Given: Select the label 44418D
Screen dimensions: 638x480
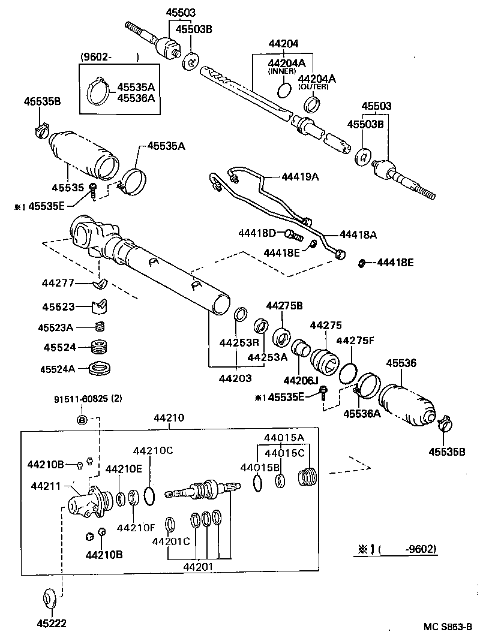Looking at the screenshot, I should pyautogui.click(x=257, y=232).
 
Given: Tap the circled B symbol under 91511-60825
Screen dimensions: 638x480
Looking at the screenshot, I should pyautogui.click(x=82, y=419).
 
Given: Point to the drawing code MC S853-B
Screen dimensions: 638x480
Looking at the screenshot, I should pyautogui.click(x=449, y=627).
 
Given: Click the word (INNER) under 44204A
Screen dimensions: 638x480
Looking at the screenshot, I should pyautogui.click(x=282, y=71).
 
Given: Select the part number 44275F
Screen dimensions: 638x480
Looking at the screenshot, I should pyautogui.click(x=355, y=341).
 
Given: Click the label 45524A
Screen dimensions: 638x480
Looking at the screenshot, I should pyautogui.click(x=58, y=369).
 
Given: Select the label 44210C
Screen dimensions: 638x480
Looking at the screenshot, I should pyautogui.click(x=152, y=450).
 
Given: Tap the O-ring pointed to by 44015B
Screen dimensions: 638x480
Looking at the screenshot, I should pyautogui.click(x=257, y=483).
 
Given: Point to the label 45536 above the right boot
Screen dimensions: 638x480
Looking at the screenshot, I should pyautogui.click(x=401, y=363).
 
